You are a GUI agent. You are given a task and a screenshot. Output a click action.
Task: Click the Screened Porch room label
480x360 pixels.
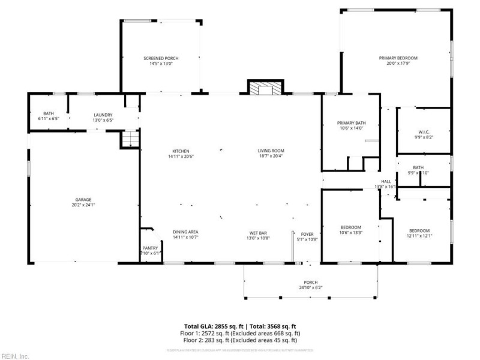(x=161, y=58)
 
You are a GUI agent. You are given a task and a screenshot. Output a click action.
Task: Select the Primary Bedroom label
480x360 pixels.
(x=398, y=58)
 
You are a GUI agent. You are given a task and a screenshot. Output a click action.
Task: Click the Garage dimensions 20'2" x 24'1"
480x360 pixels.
(x=83, y=205)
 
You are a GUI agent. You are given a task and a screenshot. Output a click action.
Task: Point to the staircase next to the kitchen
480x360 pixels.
(x=130, y=140)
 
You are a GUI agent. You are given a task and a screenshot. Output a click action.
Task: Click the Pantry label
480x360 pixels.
(x=149, y=248)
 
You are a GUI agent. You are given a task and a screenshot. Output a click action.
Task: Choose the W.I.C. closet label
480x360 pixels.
(x=424, y=132)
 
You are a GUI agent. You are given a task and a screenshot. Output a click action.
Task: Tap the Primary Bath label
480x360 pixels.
(x=351, y=123)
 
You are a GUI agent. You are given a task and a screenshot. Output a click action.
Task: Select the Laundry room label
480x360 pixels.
(x=103, y=115)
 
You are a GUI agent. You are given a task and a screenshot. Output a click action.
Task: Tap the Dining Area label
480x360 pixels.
(x=185, y=232)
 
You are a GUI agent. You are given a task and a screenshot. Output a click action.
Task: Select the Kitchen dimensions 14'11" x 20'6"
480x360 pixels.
(x=181, y=157)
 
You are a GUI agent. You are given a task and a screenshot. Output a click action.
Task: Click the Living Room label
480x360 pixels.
(x=271, y=151)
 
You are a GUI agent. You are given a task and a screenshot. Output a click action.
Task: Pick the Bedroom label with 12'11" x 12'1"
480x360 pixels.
(x=419, y=231)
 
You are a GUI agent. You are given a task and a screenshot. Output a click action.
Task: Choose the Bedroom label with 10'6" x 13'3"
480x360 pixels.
(x=351, y=227)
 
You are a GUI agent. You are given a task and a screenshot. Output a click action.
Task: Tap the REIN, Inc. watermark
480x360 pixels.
(x=15, y=356)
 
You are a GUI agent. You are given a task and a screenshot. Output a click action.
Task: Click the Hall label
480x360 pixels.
(x=386, y=181)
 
